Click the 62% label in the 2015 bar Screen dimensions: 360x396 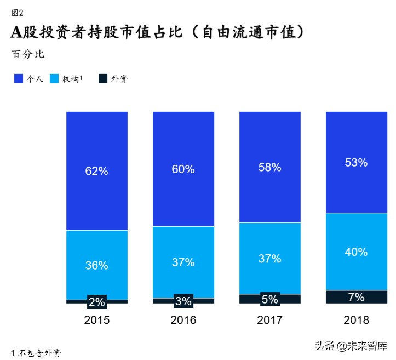tap(96, 171)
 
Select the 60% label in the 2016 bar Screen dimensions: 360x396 tap(183, 169)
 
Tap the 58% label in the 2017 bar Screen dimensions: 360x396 tap(269, 168)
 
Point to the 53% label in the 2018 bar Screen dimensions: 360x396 tap(356, 163)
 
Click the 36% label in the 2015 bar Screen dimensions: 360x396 tap(96, 265)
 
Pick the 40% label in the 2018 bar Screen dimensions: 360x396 tap(356, 252)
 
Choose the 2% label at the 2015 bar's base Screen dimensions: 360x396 tap(96, 302)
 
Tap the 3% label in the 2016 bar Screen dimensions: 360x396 tap(183, 301)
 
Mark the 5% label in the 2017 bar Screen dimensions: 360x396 tap(269, 299)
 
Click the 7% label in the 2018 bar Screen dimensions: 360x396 tap(356, 297)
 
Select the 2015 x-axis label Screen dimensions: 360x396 tap(96, 320)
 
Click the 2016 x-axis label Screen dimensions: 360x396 tap(183, 320)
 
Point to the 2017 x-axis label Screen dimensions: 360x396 tap(269, 320)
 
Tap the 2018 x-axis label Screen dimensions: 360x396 tap(356, 320)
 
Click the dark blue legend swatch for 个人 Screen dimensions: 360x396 tap(18, 79)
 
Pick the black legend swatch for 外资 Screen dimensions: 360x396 tap(102, 79)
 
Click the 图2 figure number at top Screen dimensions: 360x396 tap(18, 13)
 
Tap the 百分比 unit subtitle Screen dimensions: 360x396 tap(27, 54)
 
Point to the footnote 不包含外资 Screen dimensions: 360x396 tap(39, 352)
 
